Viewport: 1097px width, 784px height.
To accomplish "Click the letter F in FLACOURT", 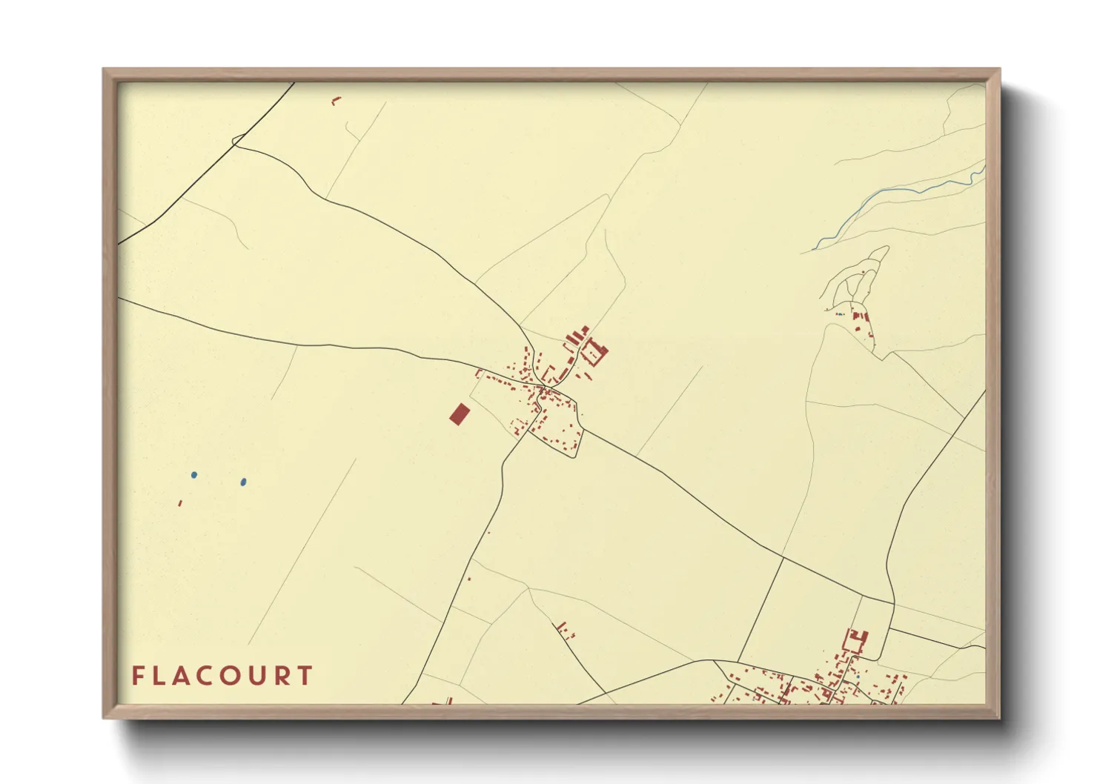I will pyautogui.click(x=137, y=675).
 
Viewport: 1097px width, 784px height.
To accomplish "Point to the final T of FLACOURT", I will pyautogui.click(x=305, y=675).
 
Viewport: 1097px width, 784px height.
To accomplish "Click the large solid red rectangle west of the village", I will pyautogui.click(x=459, y=414).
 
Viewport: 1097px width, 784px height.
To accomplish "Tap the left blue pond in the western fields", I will pyautogui.click(x=194, y=475).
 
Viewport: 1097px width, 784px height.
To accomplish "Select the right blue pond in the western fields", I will pyautogui.click(x=243, y=482).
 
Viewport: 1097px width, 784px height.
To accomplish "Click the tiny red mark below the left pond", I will pyautogui.click(x=179, y=503).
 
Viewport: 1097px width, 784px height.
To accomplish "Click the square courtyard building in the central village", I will pyautogui.click(x=594, y=351).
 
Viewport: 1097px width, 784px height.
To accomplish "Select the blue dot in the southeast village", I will pyautogui.click(x=858, y=677).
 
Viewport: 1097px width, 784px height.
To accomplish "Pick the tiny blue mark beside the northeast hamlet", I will pyautogui.click(x=838, y=314).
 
